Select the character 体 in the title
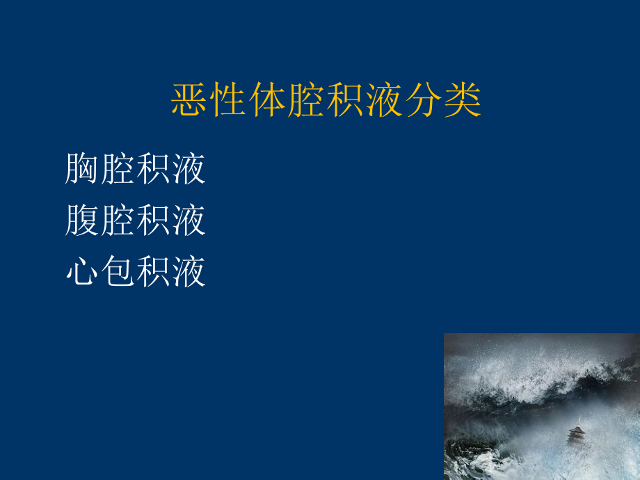pos(268,102)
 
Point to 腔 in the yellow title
pos(307,102)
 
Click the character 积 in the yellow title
pos(346,102)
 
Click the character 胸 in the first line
pos(83,169)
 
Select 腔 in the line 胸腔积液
pos(118,169)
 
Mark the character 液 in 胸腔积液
pos(189,169)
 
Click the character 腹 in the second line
pos(83,221)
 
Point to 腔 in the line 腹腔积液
pos(118,221)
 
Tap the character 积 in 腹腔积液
pos(154,221)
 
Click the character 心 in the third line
pos(83,272)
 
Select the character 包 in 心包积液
pos(118,272)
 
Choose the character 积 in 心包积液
pos(154,272)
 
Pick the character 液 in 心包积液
pos(189,272)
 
